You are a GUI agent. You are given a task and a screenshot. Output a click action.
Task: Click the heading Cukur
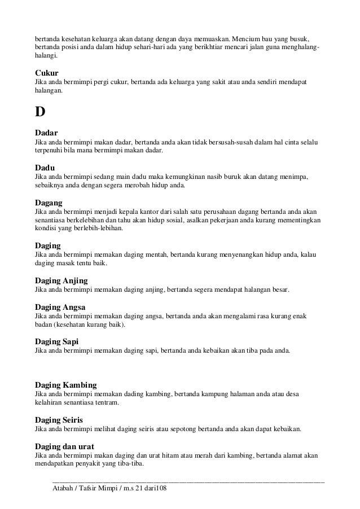pos(47,73)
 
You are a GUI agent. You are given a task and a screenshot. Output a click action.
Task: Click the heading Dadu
pos(46,168)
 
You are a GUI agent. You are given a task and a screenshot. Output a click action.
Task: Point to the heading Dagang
pos(49,202)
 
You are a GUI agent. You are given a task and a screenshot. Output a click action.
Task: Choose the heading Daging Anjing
pos(62,280)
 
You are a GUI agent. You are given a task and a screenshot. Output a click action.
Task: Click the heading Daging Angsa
pos(60,307)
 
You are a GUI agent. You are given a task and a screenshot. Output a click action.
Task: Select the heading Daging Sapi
pos(57,341)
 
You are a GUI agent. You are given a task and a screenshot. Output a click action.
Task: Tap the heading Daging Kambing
pos(66,385)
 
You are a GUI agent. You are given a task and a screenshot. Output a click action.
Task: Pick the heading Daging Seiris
pos(59,420)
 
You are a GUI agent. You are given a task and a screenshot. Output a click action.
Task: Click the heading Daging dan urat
pos(64,446)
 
